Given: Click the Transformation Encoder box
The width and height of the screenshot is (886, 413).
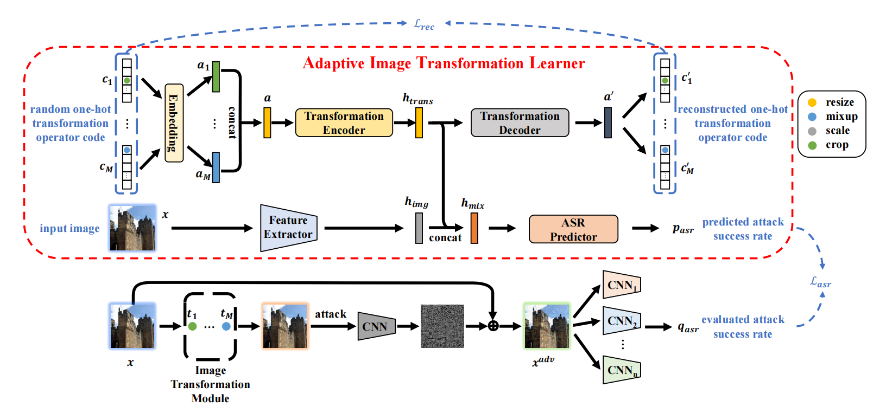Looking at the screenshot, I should [344, 122].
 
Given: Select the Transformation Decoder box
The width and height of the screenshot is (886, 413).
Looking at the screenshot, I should [520, 122].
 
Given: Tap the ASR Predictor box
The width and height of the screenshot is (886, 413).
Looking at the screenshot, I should [573, 229].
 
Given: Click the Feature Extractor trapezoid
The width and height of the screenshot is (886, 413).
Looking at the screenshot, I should [288, 228].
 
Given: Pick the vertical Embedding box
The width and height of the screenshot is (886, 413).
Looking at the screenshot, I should [174, 123].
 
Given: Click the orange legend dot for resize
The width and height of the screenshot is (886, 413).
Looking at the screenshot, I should [812, 102].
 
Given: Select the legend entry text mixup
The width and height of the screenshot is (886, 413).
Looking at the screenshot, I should [841, 117].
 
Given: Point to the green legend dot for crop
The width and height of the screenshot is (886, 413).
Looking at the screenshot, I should [812, 145].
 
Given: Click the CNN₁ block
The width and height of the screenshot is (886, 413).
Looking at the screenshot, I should [622, 285].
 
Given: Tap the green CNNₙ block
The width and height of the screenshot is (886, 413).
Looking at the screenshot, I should [622, 370].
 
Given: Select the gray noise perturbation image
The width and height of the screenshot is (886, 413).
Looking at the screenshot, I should [442, 326].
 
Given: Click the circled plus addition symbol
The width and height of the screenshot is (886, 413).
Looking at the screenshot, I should [493, 326].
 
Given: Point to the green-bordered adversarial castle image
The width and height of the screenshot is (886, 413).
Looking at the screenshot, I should [546, 326].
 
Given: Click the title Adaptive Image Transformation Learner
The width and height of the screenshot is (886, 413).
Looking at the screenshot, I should [444, 63].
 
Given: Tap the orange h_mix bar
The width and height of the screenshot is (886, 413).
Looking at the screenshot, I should [474, 228].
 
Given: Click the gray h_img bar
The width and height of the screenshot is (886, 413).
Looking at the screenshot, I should [419, 228].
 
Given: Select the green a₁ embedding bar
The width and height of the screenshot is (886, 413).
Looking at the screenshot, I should [216, 77].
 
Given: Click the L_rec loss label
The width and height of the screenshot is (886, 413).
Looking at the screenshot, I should [424, 24].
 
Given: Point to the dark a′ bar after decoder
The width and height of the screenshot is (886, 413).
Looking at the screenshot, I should [608, 122].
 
